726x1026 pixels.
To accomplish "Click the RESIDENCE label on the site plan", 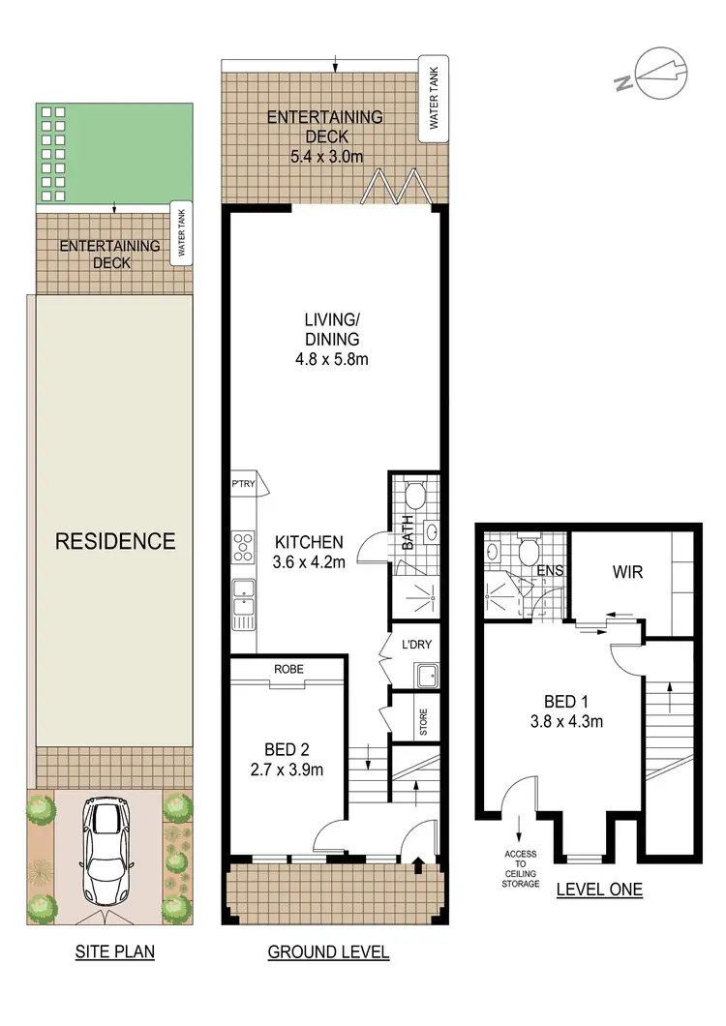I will tap(114, 540).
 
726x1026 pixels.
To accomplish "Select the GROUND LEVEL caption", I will tap(328, 952).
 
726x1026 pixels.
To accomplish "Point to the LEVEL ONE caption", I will tap(599, 890).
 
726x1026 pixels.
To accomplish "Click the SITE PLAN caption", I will tap(114, 952).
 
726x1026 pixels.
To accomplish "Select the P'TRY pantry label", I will tap(242, 485).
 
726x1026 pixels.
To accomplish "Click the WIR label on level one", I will tap(626, 573).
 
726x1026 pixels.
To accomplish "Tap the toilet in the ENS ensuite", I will tap(529, 551).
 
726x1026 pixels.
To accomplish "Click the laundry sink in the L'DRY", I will tap(424, 675).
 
